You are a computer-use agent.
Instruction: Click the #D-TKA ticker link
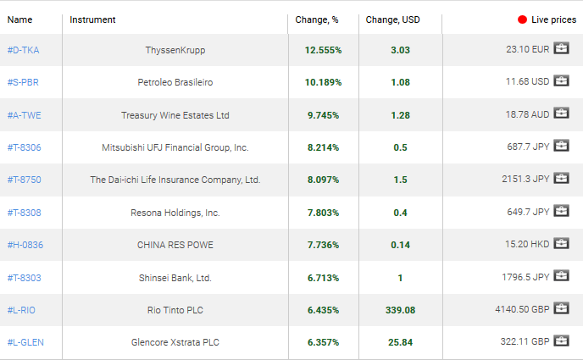[x=23, y=50]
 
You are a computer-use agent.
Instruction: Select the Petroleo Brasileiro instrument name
[x=175, y=82]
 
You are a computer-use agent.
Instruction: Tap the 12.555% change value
[x=323, y=50]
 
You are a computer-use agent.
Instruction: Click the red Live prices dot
[x=522, y=19]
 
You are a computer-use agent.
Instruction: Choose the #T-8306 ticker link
[x=24, y=147]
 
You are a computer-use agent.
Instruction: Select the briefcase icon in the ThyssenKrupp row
[x=561, y=50]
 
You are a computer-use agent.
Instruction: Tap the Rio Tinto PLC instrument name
[x=175, y=310]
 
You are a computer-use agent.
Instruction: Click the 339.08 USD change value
[x=400, y=310]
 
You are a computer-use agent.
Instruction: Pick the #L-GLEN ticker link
[x=25, y=342]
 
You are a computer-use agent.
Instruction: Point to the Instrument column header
[x=92, y=19]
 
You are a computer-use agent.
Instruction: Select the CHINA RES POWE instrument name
[x=175, y=245]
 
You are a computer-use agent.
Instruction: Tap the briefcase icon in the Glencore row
[x=561, y=342]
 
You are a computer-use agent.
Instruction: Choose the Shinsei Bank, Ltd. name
[x=175, y=277]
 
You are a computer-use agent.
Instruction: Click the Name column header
[x=19, y=19]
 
